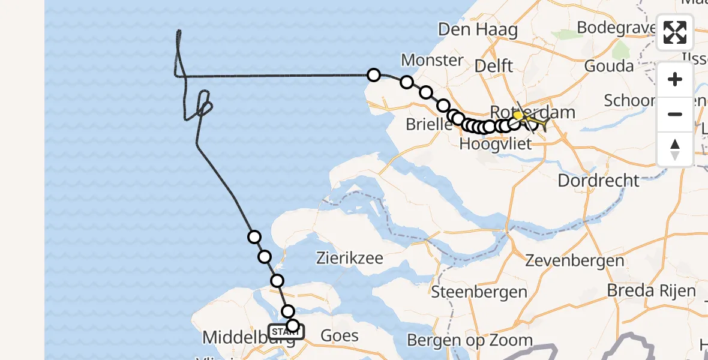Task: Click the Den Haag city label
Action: [x=478, y=29]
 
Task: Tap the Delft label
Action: [x=493, y=65]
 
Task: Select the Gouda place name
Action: [x=608, y=65]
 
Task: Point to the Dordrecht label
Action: [x=599, y=180]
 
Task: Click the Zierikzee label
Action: [x=350, y=259]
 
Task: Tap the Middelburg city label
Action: [x=248, y=337]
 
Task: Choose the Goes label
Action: [x=340, y=335]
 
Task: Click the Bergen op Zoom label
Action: [x=469, y=341]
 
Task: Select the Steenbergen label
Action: [x=479, y=292]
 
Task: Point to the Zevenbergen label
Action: [x=574, y=260]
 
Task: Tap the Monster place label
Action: [x=432, y=60]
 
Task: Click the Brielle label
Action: [x=429, y=125]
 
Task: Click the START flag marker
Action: [x=286, y=331]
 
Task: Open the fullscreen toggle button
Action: [x=675, y=33]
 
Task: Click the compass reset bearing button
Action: [x=675, y=149]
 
